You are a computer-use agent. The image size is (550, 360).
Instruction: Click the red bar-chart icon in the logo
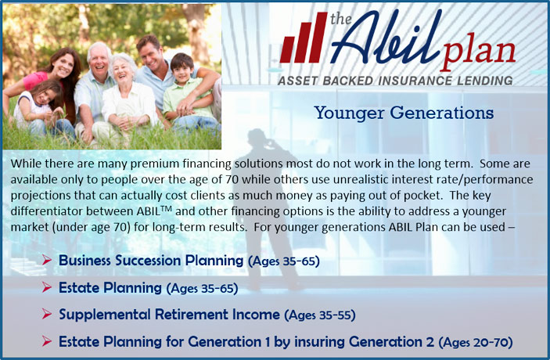click(x=304, y=38)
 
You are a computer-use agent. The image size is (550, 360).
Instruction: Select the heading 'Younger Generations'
click(x=404, y=113)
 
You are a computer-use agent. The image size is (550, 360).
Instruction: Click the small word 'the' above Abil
click(x=340, y=19)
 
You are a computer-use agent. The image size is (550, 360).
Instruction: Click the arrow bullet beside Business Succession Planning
click(x=47, y=260)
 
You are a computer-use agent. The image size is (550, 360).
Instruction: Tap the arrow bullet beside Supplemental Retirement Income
click(x=47, y=314)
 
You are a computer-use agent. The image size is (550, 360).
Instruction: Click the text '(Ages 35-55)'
click(x=320, y=315)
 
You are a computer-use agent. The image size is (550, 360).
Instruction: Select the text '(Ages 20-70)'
click(x=476, y=342)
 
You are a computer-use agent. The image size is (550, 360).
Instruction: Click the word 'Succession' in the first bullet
click(x=148, y=261)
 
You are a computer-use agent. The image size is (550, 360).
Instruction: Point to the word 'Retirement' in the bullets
click(x=192, y=314)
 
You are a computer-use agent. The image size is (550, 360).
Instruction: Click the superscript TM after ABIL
click(x=167, y=209)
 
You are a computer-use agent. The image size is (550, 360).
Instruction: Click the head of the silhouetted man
click(x=257, y=138)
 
